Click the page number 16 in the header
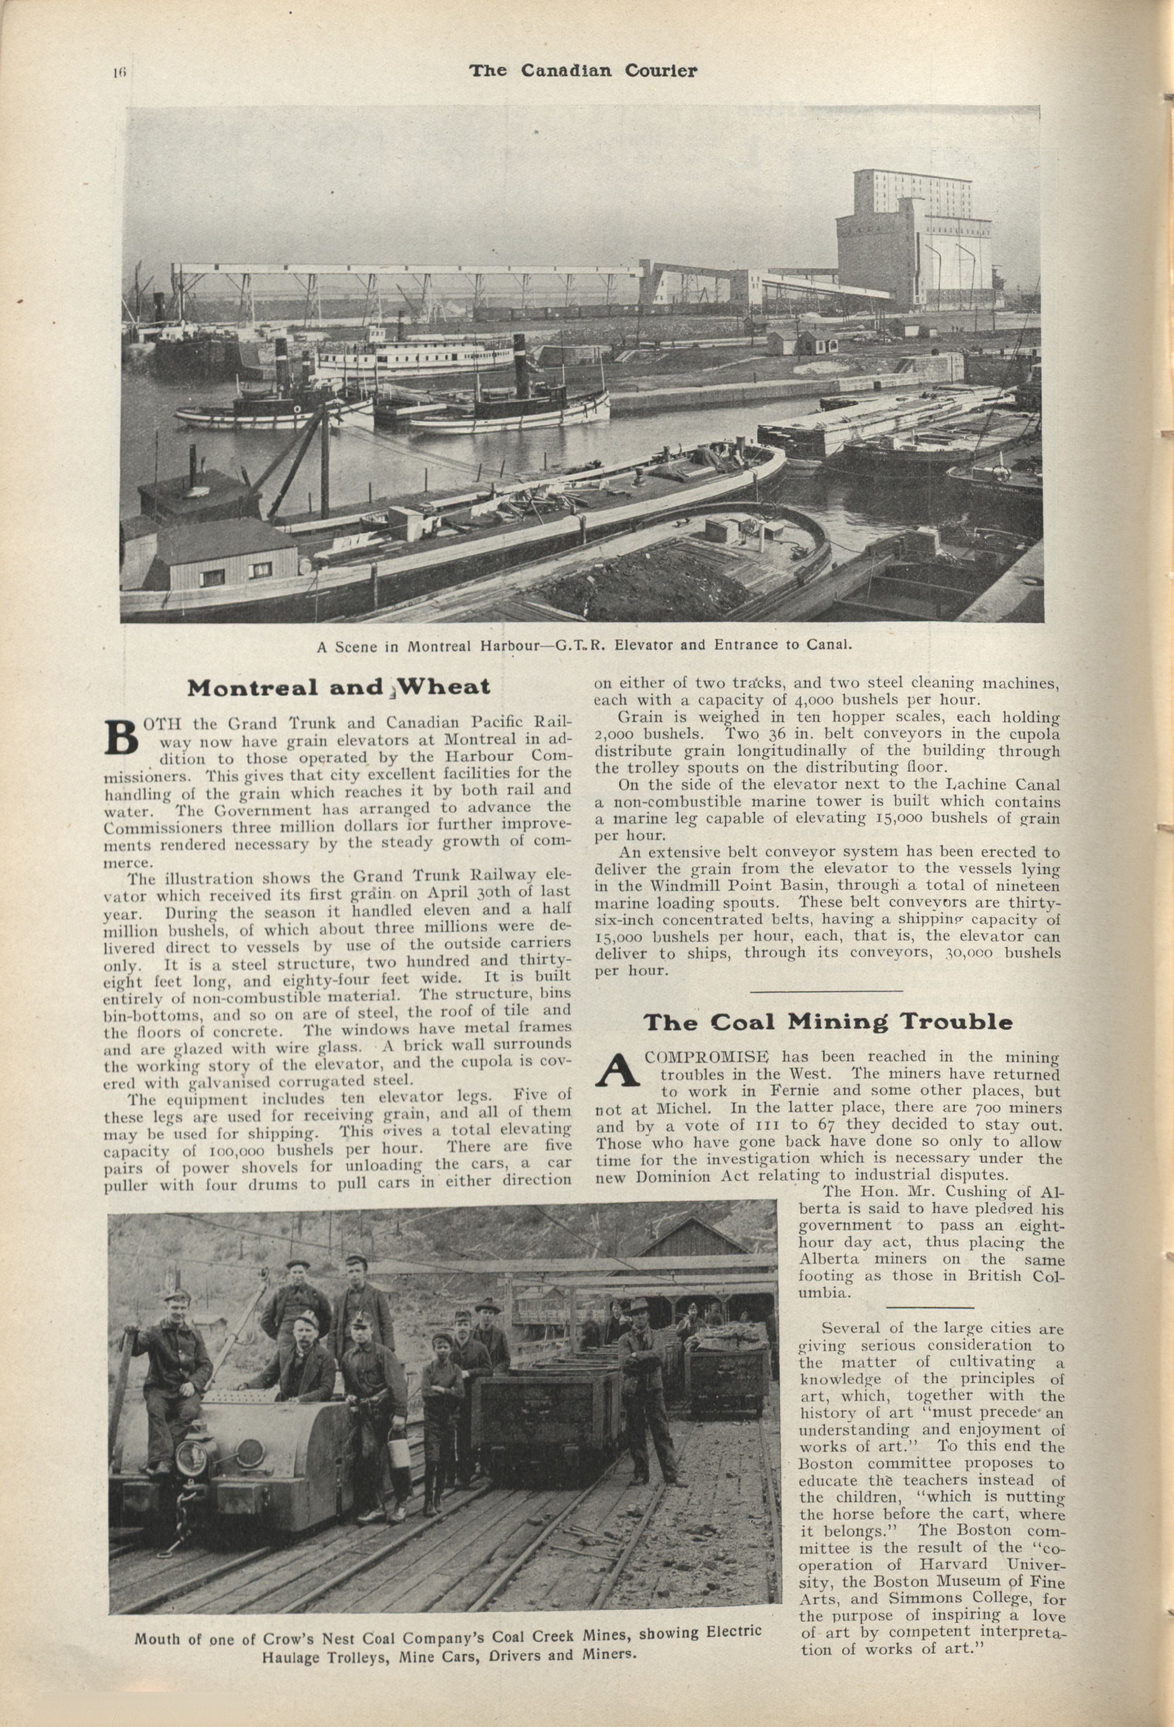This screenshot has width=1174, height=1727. tap(120, 72)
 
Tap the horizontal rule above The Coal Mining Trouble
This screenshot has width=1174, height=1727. tap(826, 990)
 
